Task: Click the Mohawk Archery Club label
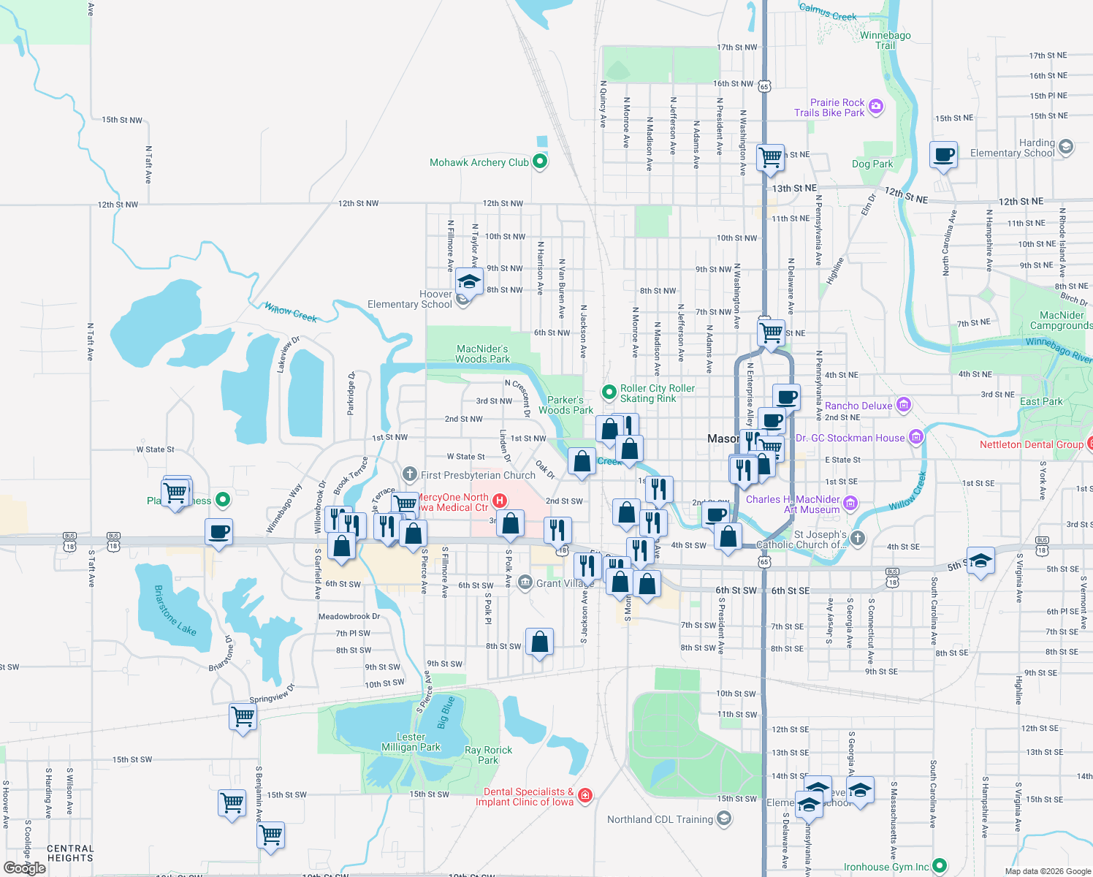click(x=479, y=162)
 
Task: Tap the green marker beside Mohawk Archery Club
click(x=540, y=162)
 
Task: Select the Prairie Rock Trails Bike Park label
click(x=829, y=107)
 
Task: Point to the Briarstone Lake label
click(x=175, y=610)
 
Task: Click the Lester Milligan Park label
click(x=411, y=742)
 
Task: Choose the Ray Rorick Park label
click(x=488, y=755)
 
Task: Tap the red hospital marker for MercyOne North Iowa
click(x=500, y=501)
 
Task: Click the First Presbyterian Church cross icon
click(x=410, y=474)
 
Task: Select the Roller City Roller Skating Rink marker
click(x=609, y=392)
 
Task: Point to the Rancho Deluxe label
click(x=858, y=406)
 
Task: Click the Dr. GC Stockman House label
click(x=850, y=438)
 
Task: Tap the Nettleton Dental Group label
click(x=1031, y=444)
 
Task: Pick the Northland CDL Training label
click(x=660, y=819)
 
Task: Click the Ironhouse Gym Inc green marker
click(x=940, y=866)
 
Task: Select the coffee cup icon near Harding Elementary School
click(x=944, y=154)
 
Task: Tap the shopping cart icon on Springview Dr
click(x=243, y=715)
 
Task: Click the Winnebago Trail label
click(x=885, y=40)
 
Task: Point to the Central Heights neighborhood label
click(x=70, y=853)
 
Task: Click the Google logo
click(x=25, y=867)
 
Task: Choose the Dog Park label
click(x=872, y=164)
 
